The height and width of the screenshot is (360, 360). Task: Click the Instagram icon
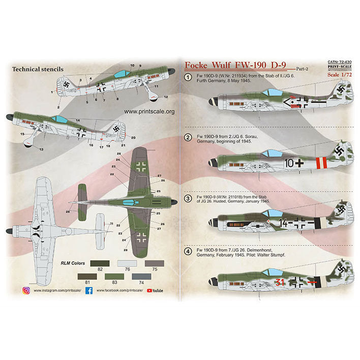26,290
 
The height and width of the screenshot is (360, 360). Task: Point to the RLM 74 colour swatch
140,277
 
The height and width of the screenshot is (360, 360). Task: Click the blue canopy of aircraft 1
263,92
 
